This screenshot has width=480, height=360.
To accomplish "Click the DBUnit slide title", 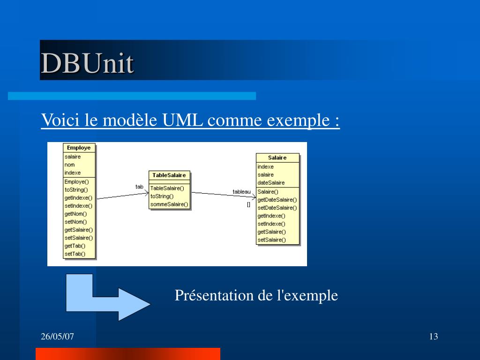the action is [x=87, y=63].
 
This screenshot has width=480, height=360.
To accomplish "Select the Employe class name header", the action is [x=79, y=148].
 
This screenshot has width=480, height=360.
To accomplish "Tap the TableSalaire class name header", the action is [x=169, y=175].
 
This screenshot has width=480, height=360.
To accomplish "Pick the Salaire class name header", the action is [x=277, y=157].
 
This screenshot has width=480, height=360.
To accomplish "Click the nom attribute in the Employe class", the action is [x=70, y=165].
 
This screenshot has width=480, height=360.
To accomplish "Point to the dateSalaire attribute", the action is [x=271, y=183].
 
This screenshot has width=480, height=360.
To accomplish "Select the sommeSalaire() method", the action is [x=169, y=204].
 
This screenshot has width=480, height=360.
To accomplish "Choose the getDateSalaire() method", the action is [x=277, y=200].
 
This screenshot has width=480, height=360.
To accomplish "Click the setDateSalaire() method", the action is [x=277, y=208].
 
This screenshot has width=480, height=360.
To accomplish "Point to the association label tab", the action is [x=139, y=187].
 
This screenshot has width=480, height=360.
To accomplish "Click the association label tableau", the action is [x=241, y=192].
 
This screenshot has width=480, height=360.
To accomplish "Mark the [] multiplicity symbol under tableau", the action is [x=248, y=204].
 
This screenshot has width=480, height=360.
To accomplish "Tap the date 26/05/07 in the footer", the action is [x=58, y=337].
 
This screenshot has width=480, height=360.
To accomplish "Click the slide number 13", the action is [x=433, y=337].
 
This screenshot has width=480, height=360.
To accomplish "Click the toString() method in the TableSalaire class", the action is [x=162, y=196].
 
